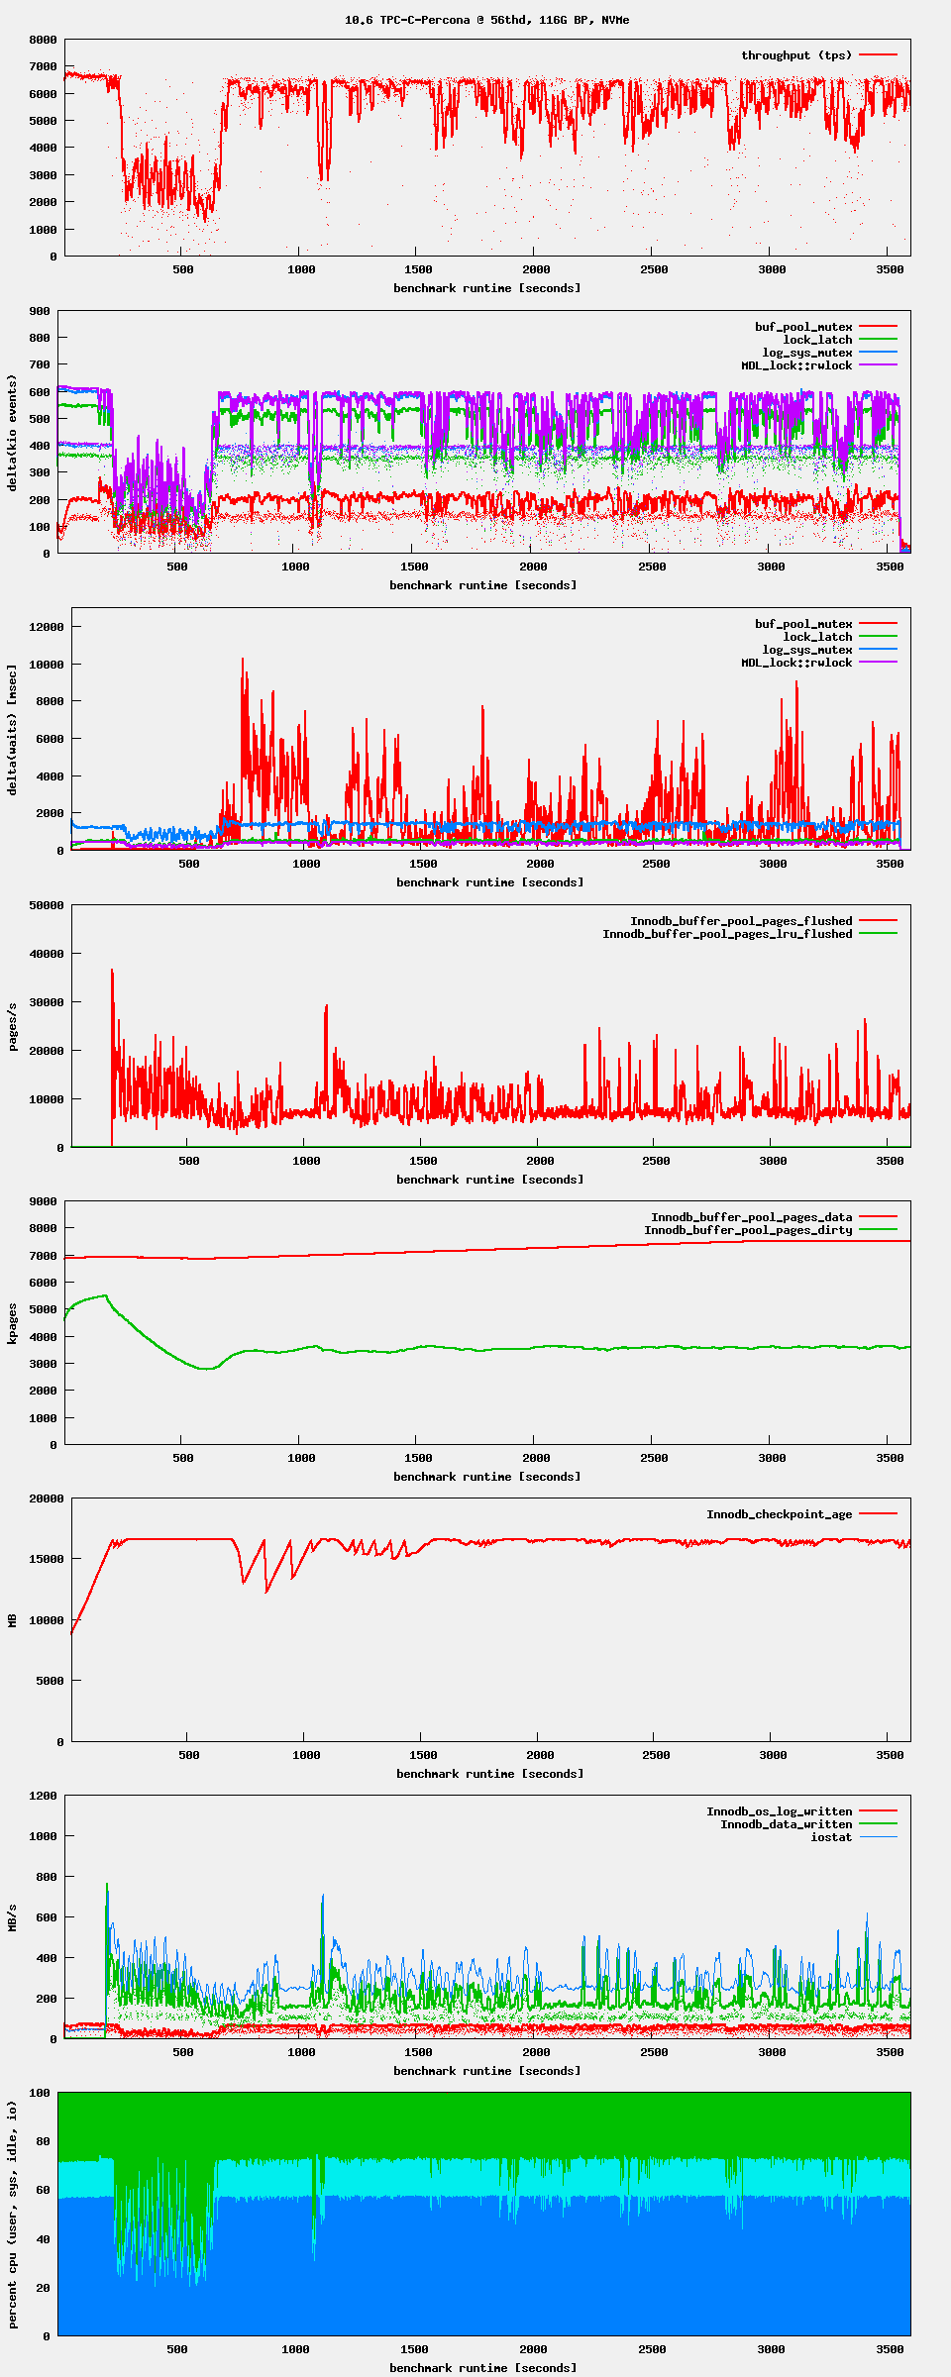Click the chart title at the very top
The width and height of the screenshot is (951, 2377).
point(486,20)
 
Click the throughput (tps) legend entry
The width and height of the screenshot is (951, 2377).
point(796,55)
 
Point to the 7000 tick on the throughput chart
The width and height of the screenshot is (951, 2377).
point(44,66)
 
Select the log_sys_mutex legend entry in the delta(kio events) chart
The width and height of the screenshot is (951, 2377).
point(806,353)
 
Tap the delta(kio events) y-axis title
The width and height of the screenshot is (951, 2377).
point(13,433)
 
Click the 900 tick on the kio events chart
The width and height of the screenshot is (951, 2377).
point(40,311)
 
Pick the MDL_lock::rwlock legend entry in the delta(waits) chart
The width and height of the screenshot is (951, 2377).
point(796,663)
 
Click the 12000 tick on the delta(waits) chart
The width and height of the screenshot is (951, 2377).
point(47,627)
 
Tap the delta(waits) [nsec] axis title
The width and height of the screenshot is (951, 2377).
point(13,730)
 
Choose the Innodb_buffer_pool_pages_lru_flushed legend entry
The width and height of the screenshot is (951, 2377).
point(727,934)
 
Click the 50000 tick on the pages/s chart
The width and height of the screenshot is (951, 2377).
point(47,905)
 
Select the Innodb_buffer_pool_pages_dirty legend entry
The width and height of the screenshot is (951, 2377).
point(748,1230)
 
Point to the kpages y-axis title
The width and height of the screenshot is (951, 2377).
point(13,1323)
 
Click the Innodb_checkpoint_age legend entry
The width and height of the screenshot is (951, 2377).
point(779,1514)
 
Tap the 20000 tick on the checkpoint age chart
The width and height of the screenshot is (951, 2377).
point(47,1499)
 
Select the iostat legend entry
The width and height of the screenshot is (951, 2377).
point(831,1837)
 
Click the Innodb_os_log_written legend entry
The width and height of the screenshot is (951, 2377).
point(779,1811)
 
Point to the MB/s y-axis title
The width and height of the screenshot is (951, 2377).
point(13,1917)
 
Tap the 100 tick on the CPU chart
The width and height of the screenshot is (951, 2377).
point(40,2093)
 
